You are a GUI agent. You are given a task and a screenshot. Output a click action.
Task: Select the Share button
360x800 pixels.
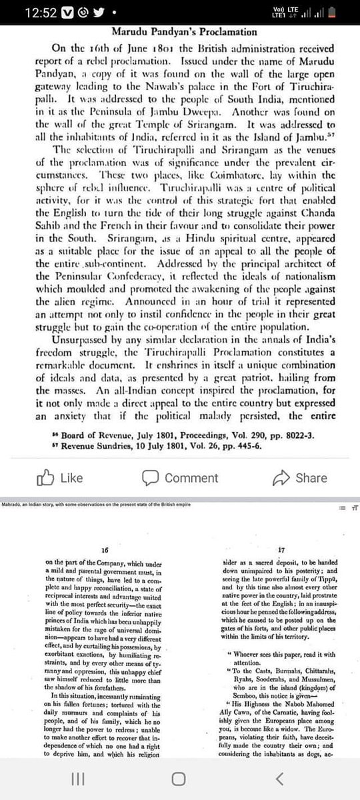click(x=300, y=479)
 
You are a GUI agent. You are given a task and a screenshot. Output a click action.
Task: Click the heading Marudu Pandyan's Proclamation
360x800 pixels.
click(x=179, y=32)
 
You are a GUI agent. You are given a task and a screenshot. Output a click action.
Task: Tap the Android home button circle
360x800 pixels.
click(x=179, y=779)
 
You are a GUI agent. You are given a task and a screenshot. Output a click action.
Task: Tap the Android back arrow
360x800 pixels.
click(x=280, y=779)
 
